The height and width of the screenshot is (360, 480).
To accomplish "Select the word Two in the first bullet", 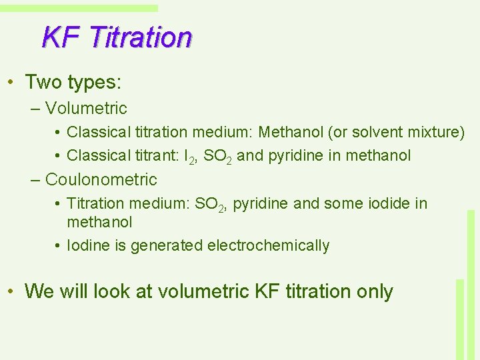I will (43, 82).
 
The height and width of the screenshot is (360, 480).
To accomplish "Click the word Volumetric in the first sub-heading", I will (86, 108).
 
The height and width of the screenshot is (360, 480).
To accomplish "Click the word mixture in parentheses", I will (439, 132).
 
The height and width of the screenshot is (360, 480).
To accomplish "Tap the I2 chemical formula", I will (189, 157).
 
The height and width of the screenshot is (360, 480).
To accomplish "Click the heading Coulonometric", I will (101, 179).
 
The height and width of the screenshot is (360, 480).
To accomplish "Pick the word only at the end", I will (375, 291).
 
